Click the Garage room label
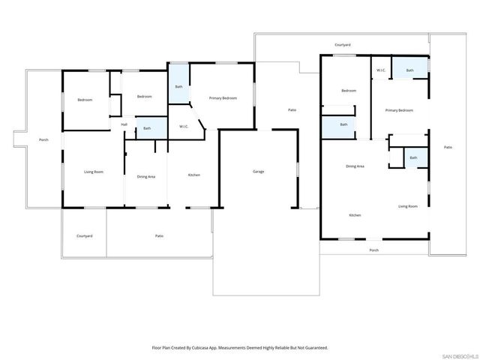point(257,172)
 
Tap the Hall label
point(124,124)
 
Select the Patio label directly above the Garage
point(292,110)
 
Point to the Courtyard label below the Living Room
point(84,236)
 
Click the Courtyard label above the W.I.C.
point(342,45)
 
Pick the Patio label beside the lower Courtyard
point(159,236)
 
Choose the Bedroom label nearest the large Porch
point(84,99)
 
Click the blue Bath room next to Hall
point(147,129)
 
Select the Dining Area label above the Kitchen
point(355,166)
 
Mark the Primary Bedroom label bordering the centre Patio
point(223,98)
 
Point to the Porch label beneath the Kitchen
point(373,250)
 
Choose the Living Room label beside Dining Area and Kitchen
point(407,206)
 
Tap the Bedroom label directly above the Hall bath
point(144,96)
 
